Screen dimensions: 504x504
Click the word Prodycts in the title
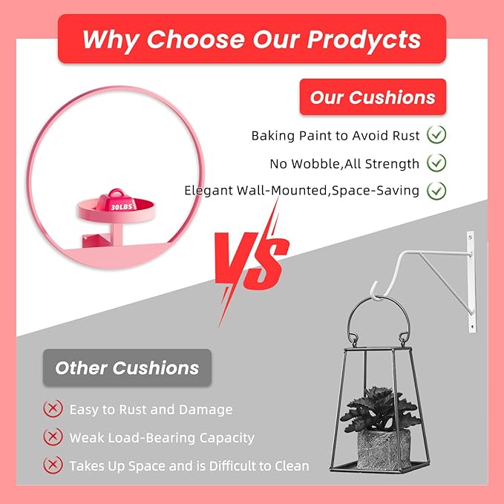[364, 40]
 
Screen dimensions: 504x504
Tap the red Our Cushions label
[373, 96]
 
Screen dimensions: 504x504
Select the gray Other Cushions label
[127, 367]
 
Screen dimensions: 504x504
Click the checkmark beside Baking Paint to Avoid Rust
[436, 134]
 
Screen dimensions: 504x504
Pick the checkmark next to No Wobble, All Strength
[436, 163]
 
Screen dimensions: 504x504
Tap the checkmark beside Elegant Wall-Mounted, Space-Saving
[436, 191]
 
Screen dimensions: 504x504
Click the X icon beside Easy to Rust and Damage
[53, 408]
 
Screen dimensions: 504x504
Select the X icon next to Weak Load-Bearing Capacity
[53, 436]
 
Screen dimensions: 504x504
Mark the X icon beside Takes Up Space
[53, 465]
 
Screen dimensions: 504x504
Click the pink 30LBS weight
[117, 201]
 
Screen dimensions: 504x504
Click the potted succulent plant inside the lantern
[380, 409]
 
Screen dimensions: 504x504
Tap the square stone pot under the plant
[384, 449]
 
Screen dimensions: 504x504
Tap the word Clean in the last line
[292, 466]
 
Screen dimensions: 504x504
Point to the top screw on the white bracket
[471, 238]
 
